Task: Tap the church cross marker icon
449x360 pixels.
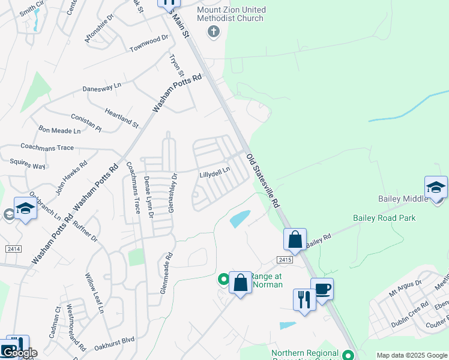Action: [213, 31]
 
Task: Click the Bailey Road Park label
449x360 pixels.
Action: [384, 218]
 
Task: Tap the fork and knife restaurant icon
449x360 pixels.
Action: [304, 299]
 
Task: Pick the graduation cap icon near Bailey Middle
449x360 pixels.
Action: [436, 187]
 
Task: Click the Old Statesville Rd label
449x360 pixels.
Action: [263, 181]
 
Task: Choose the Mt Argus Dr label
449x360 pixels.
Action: [405, 284]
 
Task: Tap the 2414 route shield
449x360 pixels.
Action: [13, 248]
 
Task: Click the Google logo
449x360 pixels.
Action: [19, 353]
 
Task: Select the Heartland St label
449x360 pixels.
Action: [121, 118]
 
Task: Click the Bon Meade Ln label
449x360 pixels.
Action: [59, 130]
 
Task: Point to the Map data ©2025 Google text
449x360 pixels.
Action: [412, 355]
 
